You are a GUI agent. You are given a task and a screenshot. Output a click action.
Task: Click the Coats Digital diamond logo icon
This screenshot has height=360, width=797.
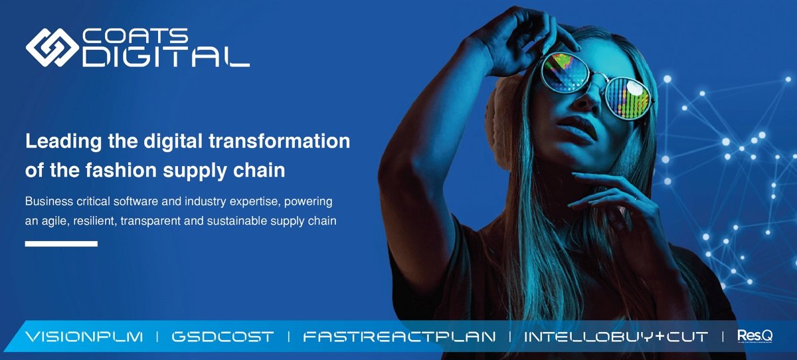point(52,46)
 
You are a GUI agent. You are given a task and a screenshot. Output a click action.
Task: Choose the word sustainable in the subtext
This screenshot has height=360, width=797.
point(242,221)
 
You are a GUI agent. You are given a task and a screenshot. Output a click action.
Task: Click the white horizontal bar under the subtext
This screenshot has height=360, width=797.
point(61,244)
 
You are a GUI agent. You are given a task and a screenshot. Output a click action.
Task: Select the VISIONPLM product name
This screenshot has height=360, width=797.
point(84,337)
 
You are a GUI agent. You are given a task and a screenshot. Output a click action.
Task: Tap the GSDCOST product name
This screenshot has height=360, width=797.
point(222,337)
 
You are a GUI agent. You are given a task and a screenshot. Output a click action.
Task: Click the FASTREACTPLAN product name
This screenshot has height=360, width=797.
point(398,337)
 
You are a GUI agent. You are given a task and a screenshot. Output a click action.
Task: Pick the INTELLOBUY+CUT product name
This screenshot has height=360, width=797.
point(616,337)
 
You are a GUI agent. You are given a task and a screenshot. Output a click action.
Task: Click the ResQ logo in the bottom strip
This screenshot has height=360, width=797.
point(754,336)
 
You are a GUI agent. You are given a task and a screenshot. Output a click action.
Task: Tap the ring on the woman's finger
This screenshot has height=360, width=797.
point(636,198)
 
